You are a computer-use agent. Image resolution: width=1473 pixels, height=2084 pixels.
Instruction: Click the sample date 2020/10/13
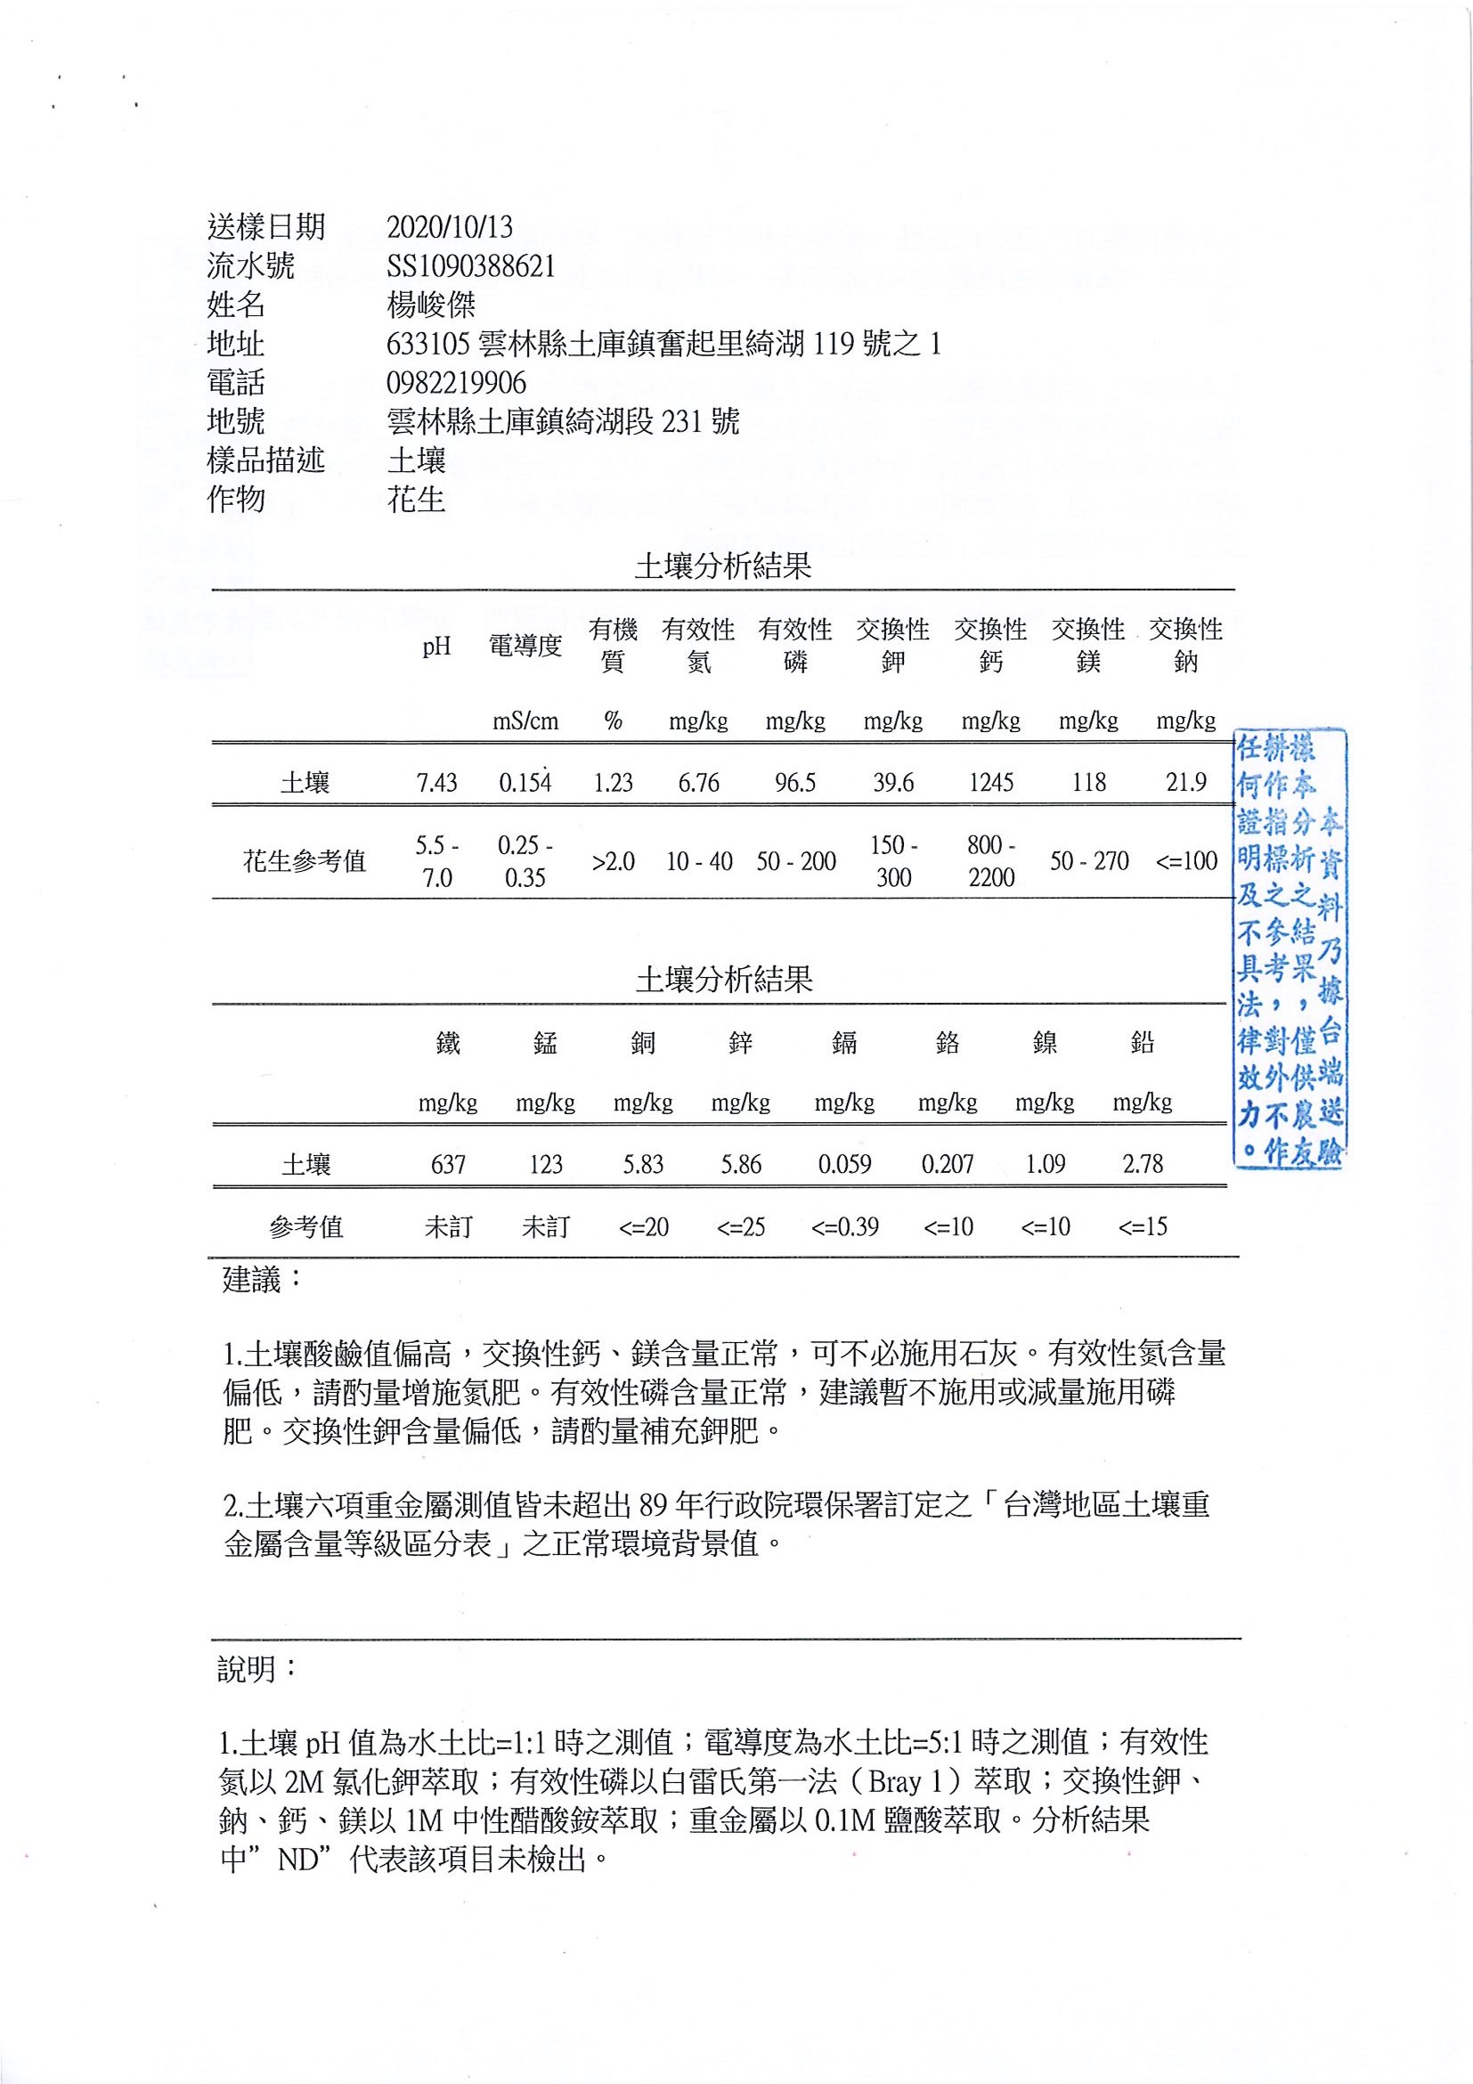tap(449, 226)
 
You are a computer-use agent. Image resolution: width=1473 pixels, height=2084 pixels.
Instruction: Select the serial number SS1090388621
tap(470, 266)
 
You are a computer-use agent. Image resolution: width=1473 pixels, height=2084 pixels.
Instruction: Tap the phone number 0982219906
tap(457, 382)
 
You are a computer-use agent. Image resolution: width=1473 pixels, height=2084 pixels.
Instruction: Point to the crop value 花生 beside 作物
tap(417, 500)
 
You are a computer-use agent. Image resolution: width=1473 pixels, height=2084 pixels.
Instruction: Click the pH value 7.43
tap(436, 783)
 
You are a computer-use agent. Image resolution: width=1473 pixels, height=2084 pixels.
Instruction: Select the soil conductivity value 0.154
tap(525, 783)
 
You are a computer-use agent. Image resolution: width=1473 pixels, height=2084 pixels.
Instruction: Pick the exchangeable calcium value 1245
tap(991, 783)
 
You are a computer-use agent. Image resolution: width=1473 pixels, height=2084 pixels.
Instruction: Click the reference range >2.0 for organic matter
tap(613, 861)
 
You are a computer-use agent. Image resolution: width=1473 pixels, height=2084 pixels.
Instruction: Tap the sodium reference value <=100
tap(1186, 861)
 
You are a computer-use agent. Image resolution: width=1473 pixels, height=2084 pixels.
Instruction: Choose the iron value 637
tap(448, 1164)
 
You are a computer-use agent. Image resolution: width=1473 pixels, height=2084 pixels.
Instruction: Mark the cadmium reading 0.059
tap(844, 1164)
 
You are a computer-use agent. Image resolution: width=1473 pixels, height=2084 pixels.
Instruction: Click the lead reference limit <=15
tap(1143, 1227)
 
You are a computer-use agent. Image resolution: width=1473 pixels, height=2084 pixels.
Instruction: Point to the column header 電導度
tap(525, 646)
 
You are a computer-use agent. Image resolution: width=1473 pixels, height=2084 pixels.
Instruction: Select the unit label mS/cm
tap(525, 721)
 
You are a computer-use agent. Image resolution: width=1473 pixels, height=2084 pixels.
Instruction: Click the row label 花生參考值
tap(304, 861)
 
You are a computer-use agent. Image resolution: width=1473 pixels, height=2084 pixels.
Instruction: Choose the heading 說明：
tap(256, 1669)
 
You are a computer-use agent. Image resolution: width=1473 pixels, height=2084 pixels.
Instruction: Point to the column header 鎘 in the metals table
tap(844, 1043)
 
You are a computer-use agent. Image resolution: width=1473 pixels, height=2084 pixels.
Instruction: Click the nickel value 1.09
tap(1045, 1164)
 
